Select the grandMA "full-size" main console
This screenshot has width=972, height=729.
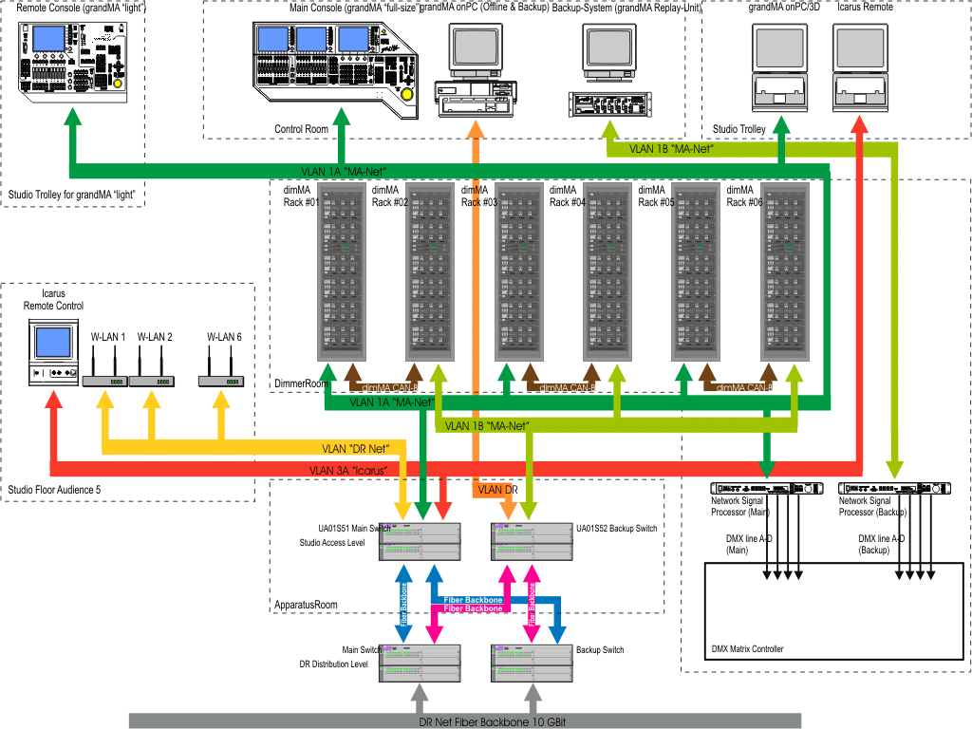(337, 67)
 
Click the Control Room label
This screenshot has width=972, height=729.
(301, 129)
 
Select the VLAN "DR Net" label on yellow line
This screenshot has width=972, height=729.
(357, 448)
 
